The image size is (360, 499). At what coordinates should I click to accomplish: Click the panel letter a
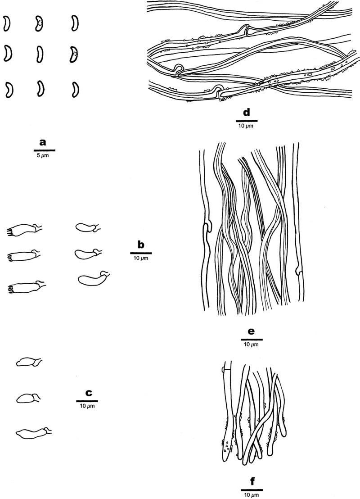tap(43, 142)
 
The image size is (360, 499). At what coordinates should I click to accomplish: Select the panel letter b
tap(140, 245)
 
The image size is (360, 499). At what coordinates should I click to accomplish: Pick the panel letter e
tap(252, 331)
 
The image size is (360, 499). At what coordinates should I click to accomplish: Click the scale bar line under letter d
tap(247, 121)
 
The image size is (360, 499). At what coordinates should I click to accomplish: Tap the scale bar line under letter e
tap(252, 339)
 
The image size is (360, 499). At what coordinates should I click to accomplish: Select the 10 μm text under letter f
tap(252, 494)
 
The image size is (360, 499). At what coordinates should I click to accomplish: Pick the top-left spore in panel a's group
tap(6, 23)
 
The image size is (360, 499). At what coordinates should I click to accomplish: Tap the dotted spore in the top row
tap(40, 24)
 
